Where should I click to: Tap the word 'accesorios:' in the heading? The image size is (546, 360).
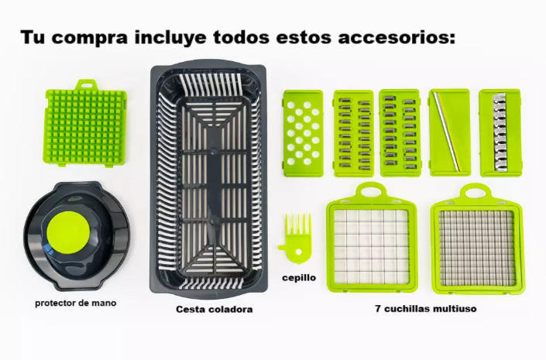(397, 37)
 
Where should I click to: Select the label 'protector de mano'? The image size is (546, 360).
(76, 303)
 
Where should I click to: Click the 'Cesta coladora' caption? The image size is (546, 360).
(215, 309)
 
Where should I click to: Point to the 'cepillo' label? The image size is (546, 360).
(299, 278)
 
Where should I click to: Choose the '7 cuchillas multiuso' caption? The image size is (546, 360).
(426, 308)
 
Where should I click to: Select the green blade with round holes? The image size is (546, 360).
(303, 132)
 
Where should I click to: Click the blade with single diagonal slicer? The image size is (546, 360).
(449, 132)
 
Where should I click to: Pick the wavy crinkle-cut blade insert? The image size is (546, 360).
(501, 132)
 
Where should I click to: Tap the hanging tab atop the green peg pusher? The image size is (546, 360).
(87, 84)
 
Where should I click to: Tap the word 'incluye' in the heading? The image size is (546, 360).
(170, 37)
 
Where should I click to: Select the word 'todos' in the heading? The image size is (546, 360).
(242, 37)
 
